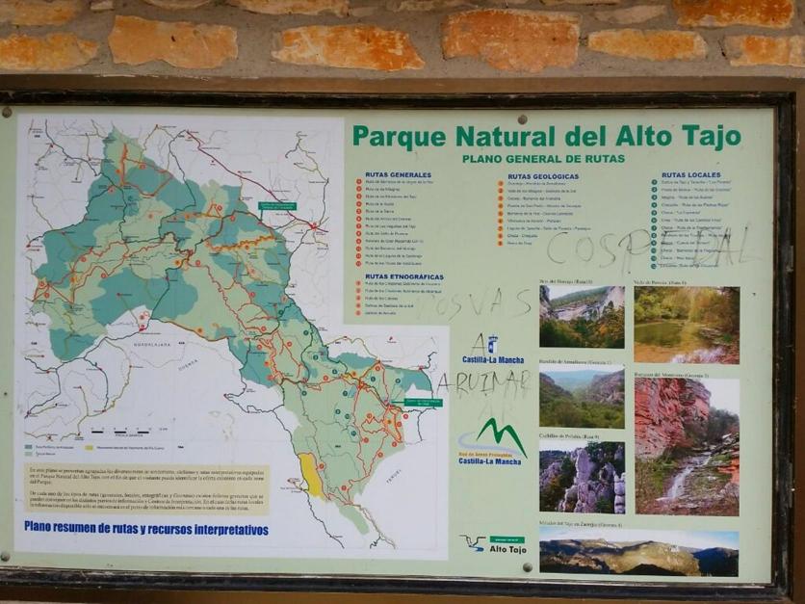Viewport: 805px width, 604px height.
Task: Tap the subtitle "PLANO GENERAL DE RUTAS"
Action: pyautogui.click(x=543, y=159)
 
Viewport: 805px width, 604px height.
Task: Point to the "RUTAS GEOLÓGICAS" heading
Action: pyautogui.click(x=542, y=177)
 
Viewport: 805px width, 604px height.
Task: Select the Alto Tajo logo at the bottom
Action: pyautogui.click(x=493, y=545)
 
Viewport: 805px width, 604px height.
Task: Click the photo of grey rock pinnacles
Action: pyautogui.click(x=582, y=477)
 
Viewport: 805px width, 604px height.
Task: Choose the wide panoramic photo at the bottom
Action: pyautogui.click(x=638, y=552)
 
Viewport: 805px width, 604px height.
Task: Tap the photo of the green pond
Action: pyautogui.click(x=687, y=325)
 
